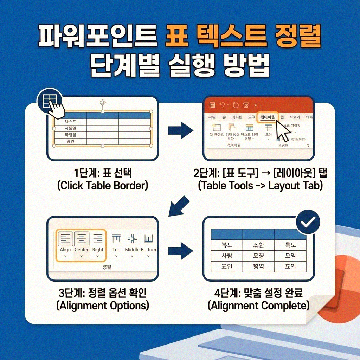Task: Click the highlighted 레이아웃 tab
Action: tap(267, 117)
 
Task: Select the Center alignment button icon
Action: tap(82, 239)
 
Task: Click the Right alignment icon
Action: tap(98, 239)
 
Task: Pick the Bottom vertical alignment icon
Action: tap(148, 239)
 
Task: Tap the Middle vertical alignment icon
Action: tap(132, 239)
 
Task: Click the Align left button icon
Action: tap(65, 239)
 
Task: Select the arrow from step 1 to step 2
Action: tap(180, 131)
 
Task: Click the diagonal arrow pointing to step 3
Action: tap(179, 207)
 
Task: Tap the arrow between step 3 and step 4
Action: tap(180, 251)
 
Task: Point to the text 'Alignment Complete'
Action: tap(258, 306)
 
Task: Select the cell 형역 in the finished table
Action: tap(258, 266)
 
